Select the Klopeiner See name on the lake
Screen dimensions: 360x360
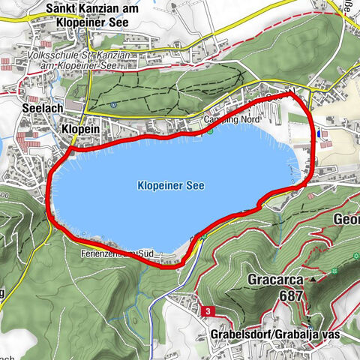pos(171,184)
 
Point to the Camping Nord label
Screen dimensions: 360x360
pos(224,120)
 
